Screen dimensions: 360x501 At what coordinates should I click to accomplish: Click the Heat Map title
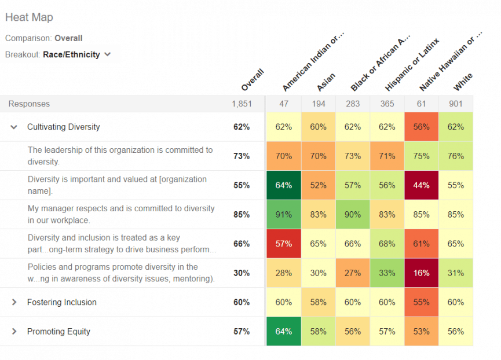tap(29, 17)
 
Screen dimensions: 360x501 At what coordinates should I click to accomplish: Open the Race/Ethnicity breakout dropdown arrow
tap(108, 54)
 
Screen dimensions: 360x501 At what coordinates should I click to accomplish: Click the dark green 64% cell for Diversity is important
tap(283, 185)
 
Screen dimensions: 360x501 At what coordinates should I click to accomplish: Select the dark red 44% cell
tap(421, 185)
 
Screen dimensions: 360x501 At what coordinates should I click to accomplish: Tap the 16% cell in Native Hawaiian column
tap(421, 273)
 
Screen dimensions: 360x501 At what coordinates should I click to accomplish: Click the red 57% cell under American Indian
tap(283, 244)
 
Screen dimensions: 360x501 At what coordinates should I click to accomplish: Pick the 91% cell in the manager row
tap(283, 215)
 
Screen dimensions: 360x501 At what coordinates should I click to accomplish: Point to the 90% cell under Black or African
tap(352, 215)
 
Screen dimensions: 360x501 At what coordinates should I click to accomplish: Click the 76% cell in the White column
tap(455, 156)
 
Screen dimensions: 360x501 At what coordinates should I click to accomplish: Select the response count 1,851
tap(241, 104)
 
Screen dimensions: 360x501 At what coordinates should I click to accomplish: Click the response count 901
tap(455, 104)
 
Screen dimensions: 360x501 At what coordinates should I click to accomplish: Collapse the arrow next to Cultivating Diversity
tap(14, 127)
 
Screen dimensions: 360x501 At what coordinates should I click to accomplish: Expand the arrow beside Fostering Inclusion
tap(14, 302)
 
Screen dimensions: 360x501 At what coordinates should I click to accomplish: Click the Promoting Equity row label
tap(58, 332)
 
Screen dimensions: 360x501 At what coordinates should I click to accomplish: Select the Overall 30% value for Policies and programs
tap(241, 273)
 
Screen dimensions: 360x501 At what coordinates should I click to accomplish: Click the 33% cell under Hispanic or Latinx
tap(386, 273)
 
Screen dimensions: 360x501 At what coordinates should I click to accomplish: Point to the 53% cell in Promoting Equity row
tap(421, 332)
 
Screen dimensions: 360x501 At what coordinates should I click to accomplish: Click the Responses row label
tap(29, 104)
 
